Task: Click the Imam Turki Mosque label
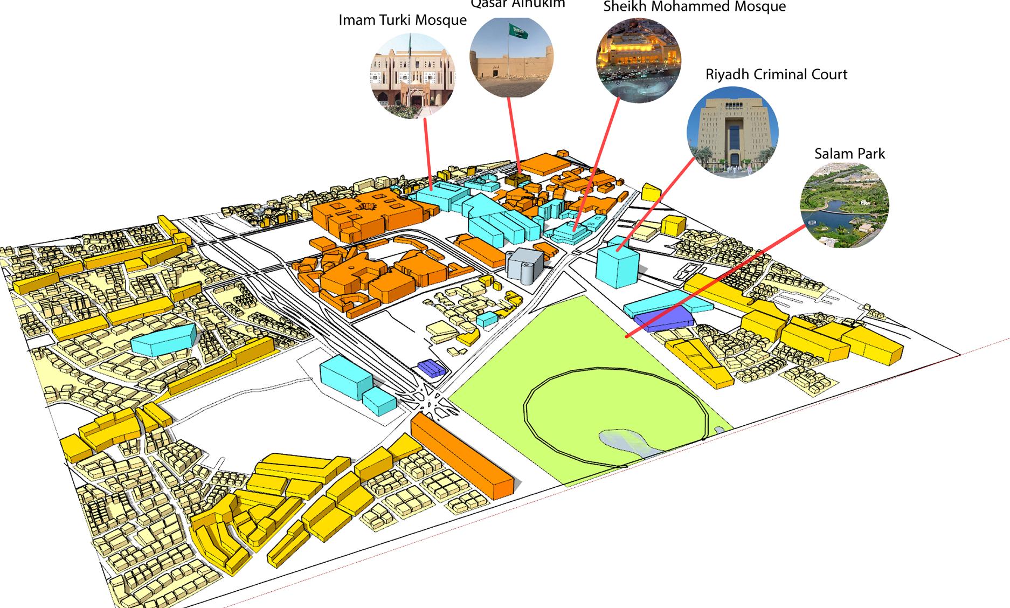coord(402,20)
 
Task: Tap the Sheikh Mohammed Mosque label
coord(694,7)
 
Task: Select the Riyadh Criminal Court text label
coord(776,74)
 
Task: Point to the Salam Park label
coord(849,154)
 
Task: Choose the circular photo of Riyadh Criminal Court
coord(732,132)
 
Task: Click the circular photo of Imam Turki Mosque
coord(413,75)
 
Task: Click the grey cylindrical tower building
coord(524,266)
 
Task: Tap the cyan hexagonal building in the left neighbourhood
coord(163,338)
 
